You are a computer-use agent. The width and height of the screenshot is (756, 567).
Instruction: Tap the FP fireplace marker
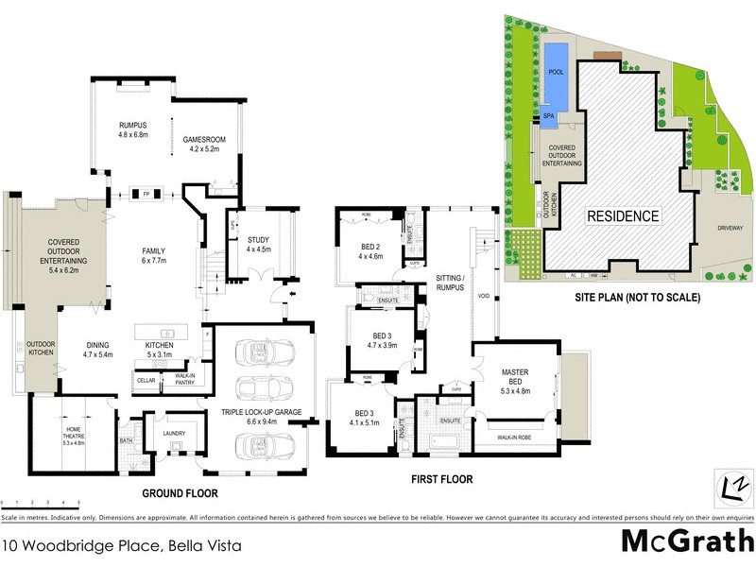tap(146, 194)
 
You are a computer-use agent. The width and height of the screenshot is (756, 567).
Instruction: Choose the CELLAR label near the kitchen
tap(146, 379)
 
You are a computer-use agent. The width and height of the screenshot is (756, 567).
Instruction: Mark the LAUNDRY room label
tap(173, 435)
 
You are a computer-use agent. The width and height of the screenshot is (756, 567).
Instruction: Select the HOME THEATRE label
tap(73, 438)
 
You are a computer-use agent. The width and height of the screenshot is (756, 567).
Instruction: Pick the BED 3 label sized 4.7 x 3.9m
tap(382, 340)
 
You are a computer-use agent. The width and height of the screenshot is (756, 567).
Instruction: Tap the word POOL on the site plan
tap(556, 70)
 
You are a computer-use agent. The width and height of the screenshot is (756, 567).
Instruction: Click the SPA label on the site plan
tap(548, 117)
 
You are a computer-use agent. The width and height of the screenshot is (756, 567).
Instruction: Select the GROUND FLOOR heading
tap(180, 493)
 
